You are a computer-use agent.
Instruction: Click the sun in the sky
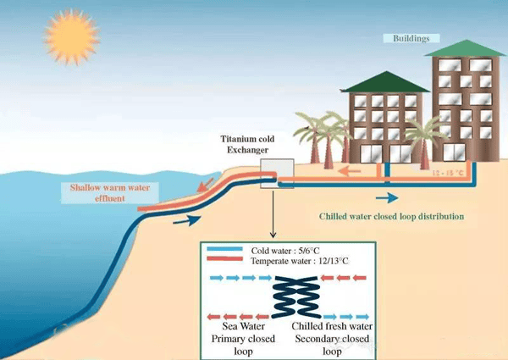coord(71,37)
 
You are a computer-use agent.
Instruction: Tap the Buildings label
coord(411,38)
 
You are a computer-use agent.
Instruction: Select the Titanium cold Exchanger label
coord(247,144)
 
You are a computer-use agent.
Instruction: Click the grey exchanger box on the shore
coord(277,174)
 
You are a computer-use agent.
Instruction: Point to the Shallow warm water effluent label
coord(110,193)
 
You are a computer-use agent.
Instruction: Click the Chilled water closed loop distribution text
coord(391,216)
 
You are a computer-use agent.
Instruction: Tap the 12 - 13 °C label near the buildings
coord(448,173)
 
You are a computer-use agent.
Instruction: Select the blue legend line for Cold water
coord(224,249)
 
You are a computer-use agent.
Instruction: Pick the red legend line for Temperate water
coord(224,258)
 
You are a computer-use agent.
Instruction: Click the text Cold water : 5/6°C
coord(285,251)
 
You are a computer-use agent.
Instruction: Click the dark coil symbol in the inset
coord(296,297)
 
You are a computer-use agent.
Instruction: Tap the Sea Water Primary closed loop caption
coord(243,339)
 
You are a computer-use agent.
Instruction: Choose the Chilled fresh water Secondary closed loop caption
coord(332,339)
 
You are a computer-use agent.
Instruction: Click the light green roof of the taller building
coord(466,48)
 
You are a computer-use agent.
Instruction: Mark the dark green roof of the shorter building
coord(385,82)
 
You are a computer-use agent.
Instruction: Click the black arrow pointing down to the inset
coord(273,214)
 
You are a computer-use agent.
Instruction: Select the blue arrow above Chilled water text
coord(387,197)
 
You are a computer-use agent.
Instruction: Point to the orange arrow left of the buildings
coord(349,170)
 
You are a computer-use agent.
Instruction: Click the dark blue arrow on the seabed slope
coord(187,220)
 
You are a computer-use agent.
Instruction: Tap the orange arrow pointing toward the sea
coord(205,185)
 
